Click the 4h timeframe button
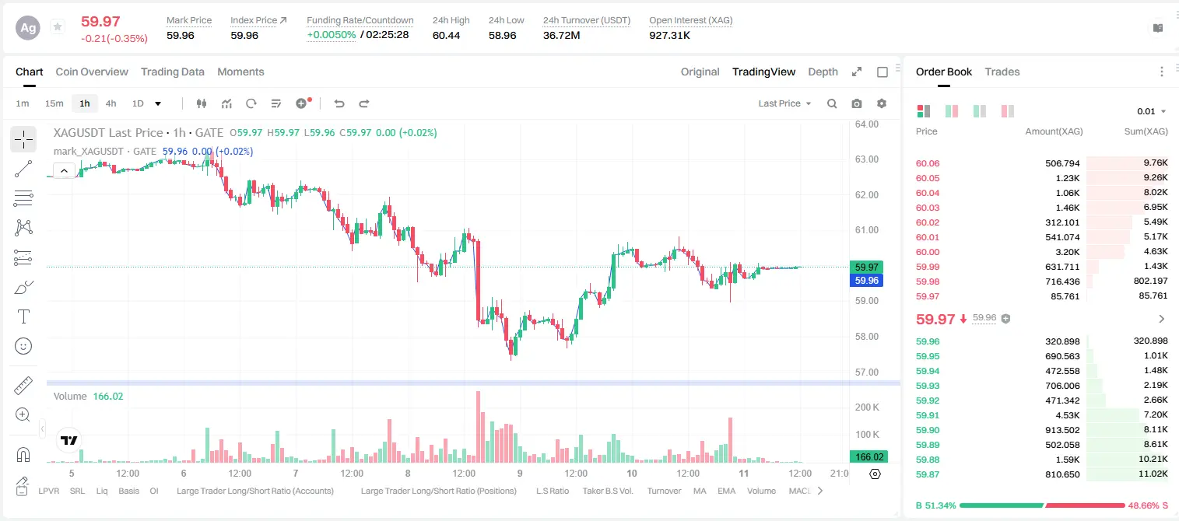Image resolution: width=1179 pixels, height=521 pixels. coord(111,103)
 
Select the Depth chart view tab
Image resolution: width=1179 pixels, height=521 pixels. coord(823,72)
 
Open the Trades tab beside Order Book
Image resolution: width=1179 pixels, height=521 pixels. coord(1002,72)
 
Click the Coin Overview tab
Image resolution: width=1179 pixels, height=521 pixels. coord(92,72)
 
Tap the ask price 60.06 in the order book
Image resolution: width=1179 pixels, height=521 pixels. coord(928,163)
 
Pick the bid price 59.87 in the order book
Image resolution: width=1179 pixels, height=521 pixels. coord(928,474)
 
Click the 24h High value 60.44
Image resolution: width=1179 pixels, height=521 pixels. coord(447,35)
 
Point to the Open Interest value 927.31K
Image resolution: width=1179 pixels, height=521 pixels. coord(669,35)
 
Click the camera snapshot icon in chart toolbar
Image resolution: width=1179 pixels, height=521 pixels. coord(857,103)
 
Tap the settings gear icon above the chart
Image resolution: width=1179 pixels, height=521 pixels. coord(882,103)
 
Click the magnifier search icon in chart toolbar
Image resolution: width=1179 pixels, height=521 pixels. coord(832,103)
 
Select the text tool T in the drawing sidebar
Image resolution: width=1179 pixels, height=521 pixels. coord(23,316)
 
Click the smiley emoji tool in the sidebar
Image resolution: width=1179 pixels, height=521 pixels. coord(23,346)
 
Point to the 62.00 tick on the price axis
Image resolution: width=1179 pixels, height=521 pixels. coord(867,195)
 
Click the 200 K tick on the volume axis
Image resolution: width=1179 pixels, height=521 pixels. coord(867,407)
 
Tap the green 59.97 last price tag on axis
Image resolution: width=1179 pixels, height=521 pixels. coord(866,267)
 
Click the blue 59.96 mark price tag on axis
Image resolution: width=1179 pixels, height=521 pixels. coord(866,281)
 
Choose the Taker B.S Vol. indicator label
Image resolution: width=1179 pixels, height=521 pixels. coord(607,491)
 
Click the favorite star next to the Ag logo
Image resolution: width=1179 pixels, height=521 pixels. coord(58,26)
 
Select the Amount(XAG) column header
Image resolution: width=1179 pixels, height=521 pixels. coord(1054,131)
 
